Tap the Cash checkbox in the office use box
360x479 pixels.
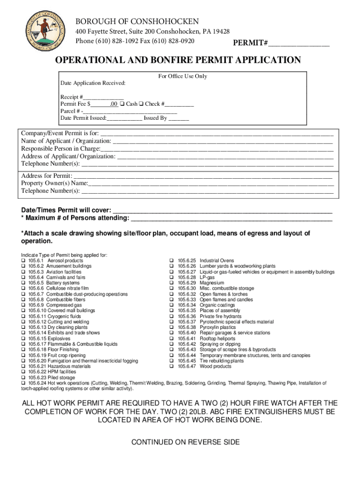coord(122,104)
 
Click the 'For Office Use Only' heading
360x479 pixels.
coord(183,76)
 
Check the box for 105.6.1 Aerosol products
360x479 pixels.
coord(23,261)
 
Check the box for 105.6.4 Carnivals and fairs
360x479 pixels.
coord(23,277)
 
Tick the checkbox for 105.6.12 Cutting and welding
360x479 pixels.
coord(23,322)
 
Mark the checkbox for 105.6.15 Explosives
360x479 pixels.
coord(23,339)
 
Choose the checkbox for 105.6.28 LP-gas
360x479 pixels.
coord(172,277)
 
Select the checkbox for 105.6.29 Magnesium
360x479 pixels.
coord(172,283)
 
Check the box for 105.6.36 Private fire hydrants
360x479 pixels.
coord(172,316)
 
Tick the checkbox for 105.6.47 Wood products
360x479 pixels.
coord(172,366)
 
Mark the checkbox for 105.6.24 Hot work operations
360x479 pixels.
coord(23,383)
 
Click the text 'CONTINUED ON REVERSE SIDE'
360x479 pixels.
coord(185,442)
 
